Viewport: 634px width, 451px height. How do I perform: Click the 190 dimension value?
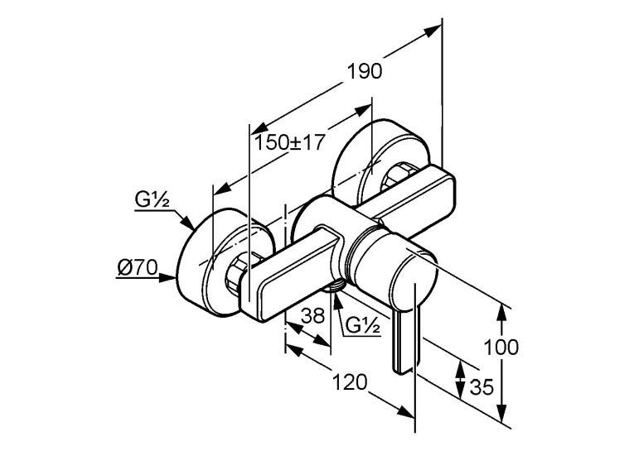click(365, 72)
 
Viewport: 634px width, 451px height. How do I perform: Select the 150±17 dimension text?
click(289, 142)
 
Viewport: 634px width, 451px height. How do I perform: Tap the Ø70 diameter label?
click(137, 267)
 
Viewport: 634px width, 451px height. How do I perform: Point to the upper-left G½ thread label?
click(152, 200)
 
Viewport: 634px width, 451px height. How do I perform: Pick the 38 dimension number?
click(313, 315)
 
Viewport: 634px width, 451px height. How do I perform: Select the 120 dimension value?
click(350, 382)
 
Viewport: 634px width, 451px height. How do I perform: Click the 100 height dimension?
click(501, 348)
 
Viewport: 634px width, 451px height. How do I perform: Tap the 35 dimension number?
click(482, 387)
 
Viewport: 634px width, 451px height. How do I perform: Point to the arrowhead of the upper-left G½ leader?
click(186, 223)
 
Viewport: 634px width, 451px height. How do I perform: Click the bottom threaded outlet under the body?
click(334, 285)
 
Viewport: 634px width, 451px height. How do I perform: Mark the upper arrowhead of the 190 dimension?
click(433, 31)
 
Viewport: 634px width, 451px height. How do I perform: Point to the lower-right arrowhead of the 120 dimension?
click(405, 411)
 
